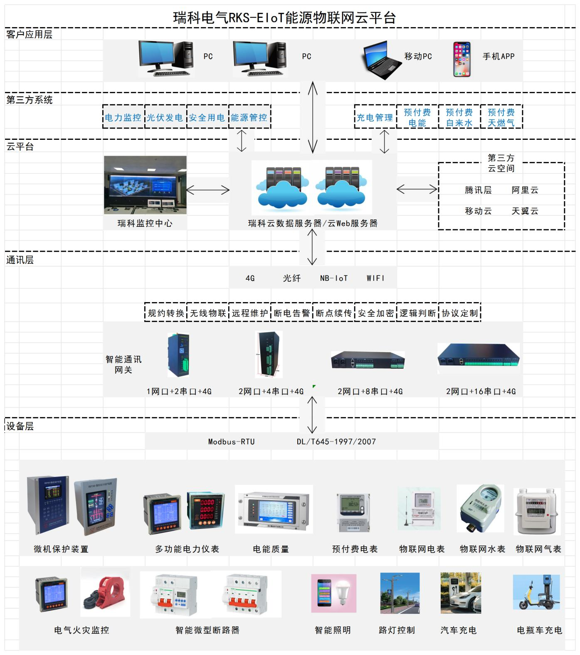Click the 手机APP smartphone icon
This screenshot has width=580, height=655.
click(462, 59)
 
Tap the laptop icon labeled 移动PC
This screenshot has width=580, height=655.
click(380, 60)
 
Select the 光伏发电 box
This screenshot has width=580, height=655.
click(165, 117)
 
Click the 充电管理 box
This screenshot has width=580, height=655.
click(375, 117)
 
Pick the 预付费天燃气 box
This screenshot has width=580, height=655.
click(501, 117)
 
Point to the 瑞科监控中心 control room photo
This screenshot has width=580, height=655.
click(145, 185)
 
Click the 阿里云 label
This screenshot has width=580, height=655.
click(525, 190)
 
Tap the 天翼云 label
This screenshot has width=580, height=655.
click(525, 211)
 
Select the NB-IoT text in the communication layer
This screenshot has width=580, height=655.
click(333, 278)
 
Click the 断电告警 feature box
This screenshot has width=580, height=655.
click(291, 313)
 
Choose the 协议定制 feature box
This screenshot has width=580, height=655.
click(459, 313)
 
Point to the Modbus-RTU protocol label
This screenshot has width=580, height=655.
click(231, 442)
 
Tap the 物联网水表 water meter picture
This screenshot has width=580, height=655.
click(481, 508)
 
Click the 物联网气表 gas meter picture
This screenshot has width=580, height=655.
click(537, 511)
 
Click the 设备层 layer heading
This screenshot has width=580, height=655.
click(20, 426)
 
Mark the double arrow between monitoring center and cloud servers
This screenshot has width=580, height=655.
click(208, 190)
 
